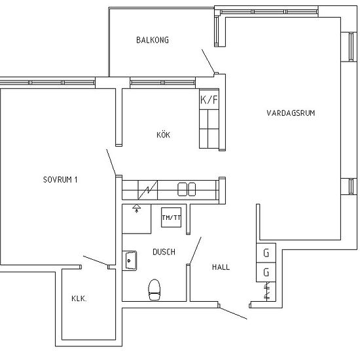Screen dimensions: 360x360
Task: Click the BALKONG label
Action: [x=153, y=40]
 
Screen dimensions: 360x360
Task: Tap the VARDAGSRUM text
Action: [x=291, y=113]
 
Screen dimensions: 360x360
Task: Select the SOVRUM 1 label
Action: [x=60, y=179]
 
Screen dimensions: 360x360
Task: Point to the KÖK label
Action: [x=163, y=134]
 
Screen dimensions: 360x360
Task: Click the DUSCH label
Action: [x=164, y=252]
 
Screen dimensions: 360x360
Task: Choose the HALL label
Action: [x=221, y=267]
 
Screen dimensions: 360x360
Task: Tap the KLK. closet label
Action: [x=79, y=298]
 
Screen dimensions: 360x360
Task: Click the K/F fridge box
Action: [x=209, y=99]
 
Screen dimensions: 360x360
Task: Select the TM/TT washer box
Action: [x=171, y=217]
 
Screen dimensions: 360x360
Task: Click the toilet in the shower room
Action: [x=154, y=290]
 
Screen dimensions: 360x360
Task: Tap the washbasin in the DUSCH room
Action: [x=130, y=261]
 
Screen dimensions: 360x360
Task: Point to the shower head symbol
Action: [x=137, y=208]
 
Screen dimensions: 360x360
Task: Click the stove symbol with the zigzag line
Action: [x=148, y=190]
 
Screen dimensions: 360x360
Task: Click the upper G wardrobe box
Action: [x=266, y=253]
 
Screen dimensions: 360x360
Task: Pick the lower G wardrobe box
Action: [x=266, y=272]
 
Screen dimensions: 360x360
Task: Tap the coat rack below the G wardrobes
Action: [x=266, y=291]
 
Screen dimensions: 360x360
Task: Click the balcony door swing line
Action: [x=208, y=61]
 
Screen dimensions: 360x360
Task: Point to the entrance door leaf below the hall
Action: [x=233, y=313]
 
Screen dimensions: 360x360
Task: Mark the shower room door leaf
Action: [x=195, y=251]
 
